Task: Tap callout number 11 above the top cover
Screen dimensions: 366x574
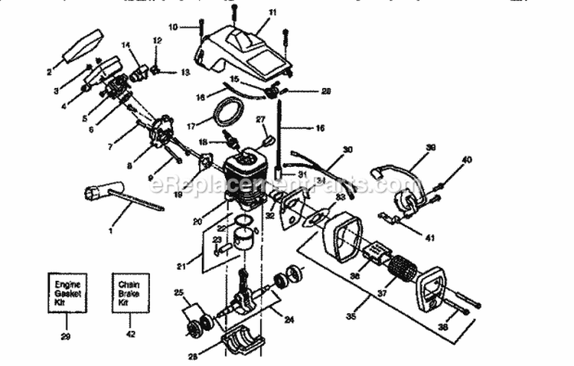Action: point(252,13)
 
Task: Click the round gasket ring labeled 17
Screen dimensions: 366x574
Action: point(227,113)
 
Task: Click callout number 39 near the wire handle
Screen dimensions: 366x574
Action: point(431,148)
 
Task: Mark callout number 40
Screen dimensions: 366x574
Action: point(467,159)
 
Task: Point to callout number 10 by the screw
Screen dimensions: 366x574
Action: point(174,27)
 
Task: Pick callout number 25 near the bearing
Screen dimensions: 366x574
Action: point(179,292)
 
